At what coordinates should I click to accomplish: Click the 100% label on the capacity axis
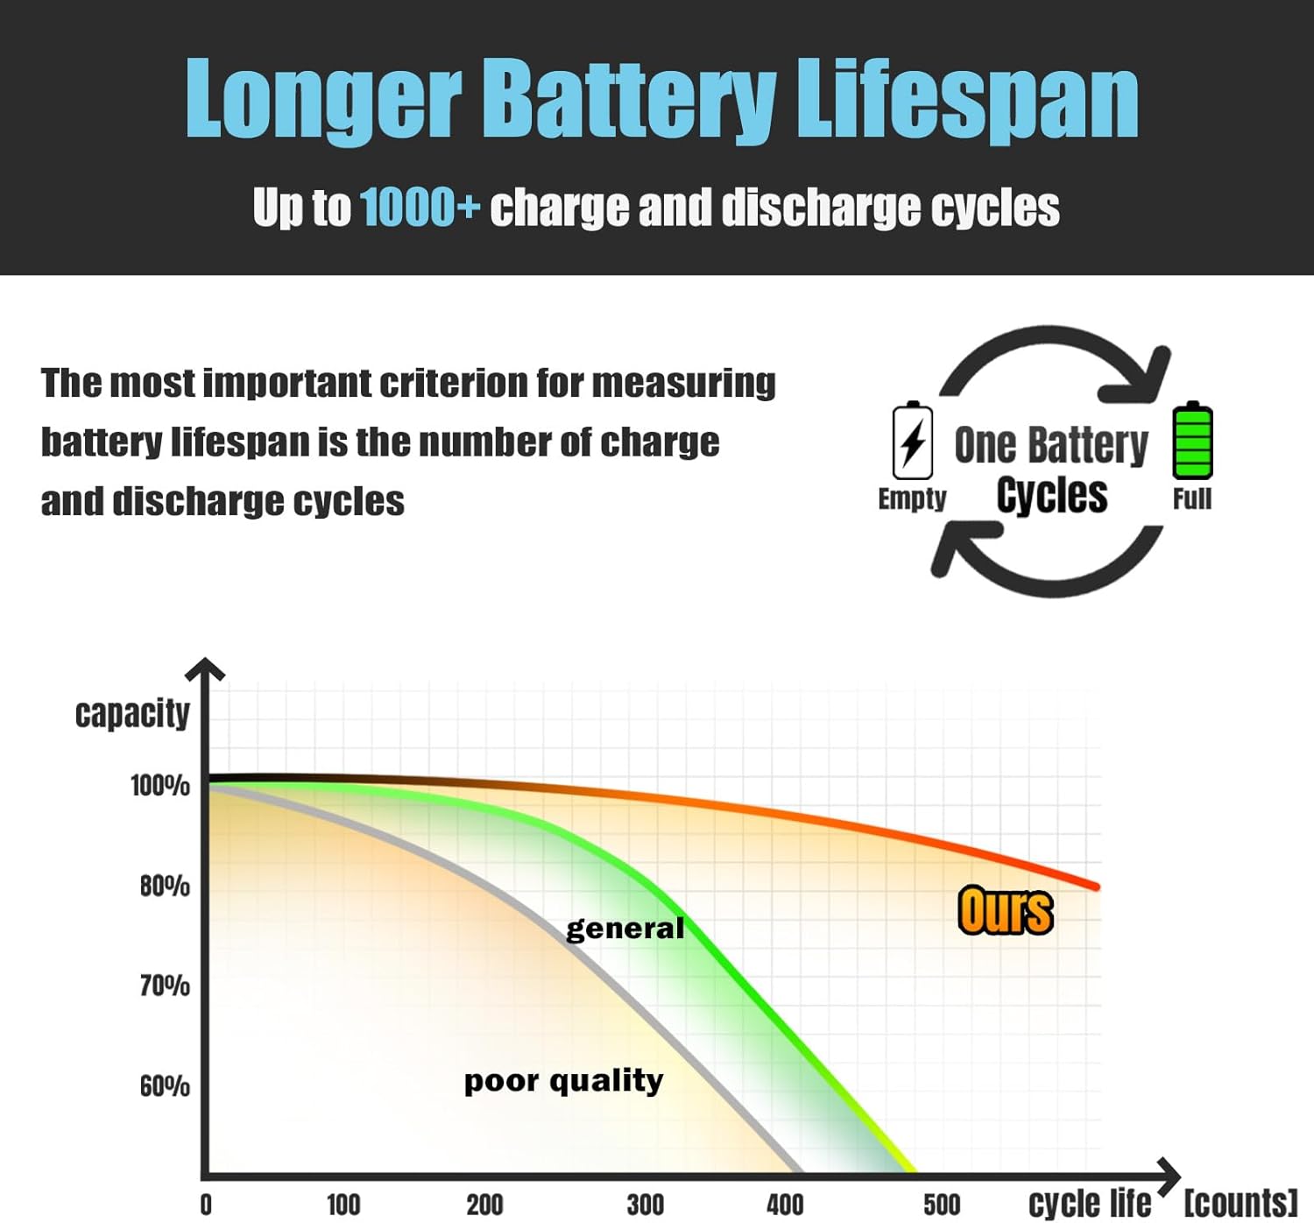160,786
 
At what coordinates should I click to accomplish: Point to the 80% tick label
165,887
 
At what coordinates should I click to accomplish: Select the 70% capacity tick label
165,986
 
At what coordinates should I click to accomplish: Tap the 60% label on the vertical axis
165,1086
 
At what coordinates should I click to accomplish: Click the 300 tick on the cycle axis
646,1205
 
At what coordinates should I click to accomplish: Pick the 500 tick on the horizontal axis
942,1205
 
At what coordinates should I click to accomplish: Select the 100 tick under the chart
343,1205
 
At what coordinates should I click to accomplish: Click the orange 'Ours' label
1006,911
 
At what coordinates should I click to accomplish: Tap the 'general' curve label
625,929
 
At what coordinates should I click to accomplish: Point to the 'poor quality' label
563,1081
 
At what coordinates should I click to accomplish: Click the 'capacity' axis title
132,713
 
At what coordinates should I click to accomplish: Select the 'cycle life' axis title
1090,1204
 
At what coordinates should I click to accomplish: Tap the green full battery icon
1192,440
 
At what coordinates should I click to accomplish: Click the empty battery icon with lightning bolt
913,441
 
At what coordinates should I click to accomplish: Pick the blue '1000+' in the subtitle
420,208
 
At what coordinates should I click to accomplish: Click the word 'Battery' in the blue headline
629,98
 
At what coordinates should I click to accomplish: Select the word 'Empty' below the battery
912,498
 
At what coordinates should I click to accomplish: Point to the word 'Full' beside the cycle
1192,499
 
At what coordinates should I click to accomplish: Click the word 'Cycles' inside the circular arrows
1052,495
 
